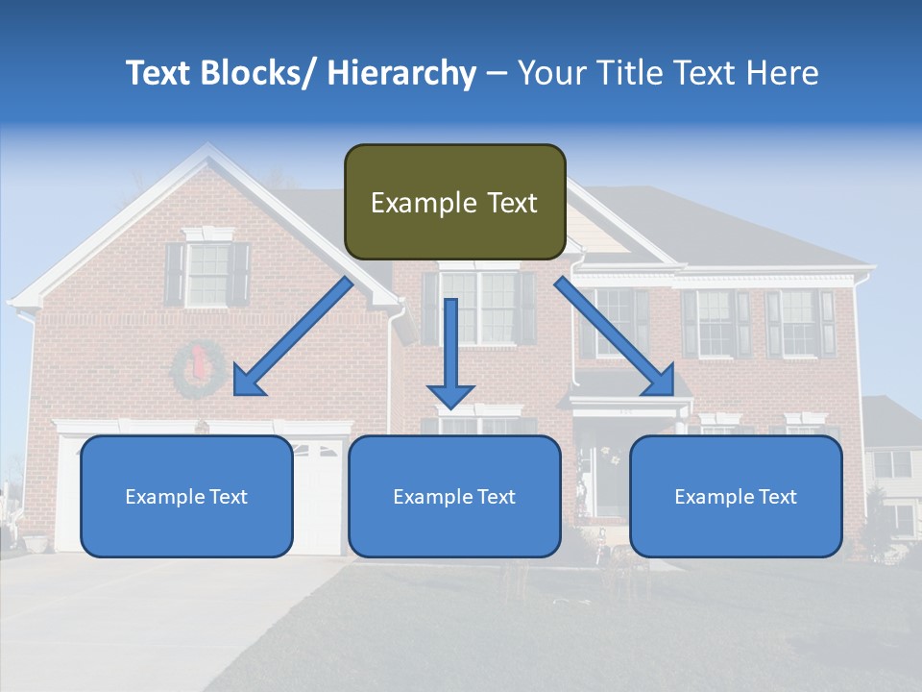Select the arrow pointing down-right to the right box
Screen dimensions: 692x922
[614, 335]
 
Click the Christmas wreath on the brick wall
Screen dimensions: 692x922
[199, 371]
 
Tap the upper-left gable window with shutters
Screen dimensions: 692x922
[207, 274]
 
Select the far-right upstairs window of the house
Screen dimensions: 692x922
[799, 322]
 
